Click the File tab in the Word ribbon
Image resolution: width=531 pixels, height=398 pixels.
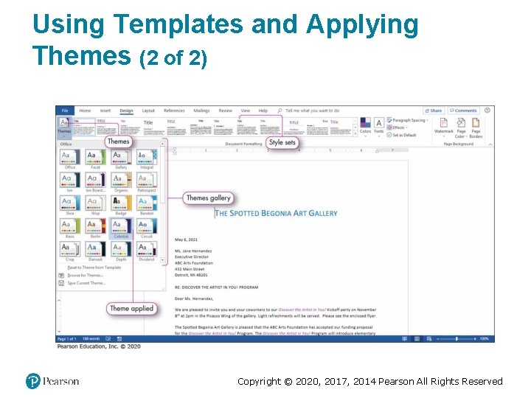(65, 111)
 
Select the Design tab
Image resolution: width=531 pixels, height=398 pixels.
(126, 111)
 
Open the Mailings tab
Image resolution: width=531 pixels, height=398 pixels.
(201, 111)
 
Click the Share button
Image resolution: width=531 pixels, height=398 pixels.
(434, 111)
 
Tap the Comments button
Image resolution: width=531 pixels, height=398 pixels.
(463, 111)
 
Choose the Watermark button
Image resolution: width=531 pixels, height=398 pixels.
(443, 126)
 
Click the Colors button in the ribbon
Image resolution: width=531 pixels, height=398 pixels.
(365, 126)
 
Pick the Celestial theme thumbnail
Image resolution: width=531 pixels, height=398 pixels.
(121, 228)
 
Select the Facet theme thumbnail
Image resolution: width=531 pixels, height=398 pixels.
(95, 158)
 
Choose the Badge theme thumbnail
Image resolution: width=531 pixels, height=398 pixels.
(121, 204)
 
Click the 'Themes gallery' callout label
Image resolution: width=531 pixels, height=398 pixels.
(209, 198)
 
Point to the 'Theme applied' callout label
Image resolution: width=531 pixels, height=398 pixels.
(131, 309)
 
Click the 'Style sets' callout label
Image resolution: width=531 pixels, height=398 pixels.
(282, 142)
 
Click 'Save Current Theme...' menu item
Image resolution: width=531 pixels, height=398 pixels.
(87, 283)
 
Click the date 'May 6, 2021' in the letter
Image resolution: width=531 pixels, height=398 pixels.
(186, 240)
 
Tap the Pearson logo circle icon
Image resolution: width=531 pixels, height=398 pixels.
(33, 381)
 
